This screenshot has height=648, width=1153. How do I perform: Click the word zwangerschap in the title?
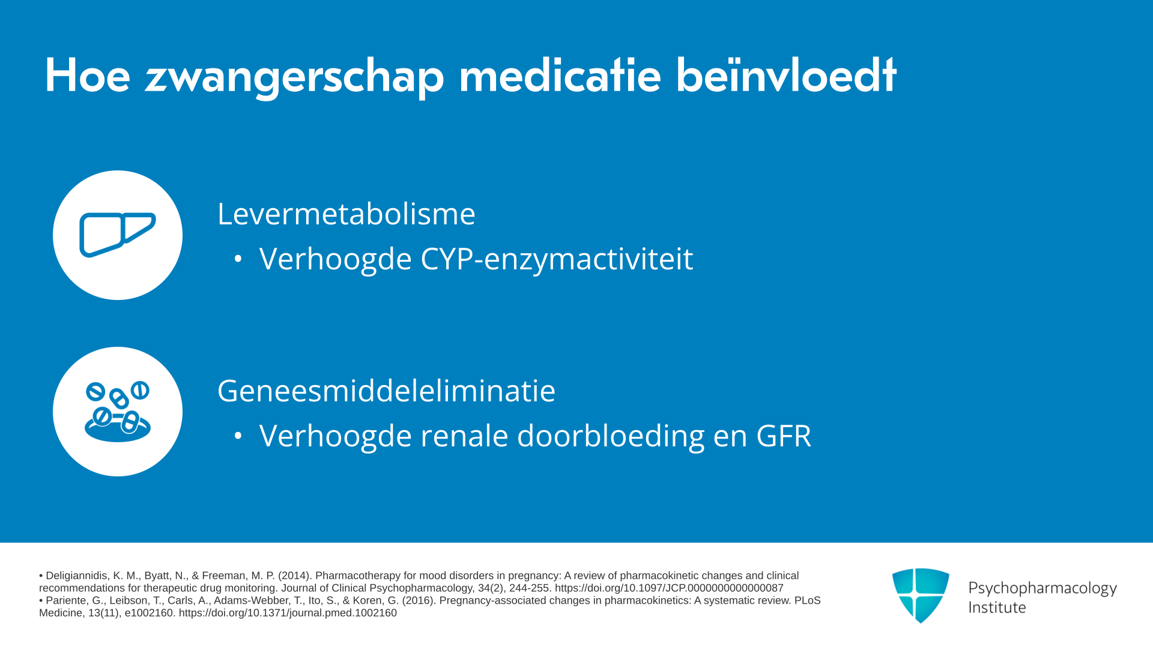point(294,77)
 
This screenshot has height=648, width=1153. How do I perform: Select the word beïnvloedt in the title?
point(786,74)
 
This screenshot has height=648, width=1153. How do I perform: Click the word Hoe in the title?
point(88,76)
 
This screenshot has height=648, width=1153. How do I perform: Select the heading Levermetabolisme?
point(347,214)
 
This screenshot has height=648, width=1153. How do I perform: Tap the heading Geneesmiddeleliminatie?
point(387,391)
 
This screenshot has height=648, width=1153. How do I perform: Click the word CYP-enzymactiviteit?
point(557,260)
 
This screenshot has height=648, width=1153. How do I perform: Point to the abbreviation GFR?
point(784,436)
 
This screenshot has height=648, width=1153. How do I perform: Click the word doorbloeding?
point(611,436)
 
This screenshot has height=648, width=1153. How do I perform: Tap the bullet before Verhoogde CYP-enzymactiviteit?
point(238,259)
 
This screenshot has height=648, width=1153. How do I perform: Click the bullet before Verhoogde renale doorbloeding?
point(238,436)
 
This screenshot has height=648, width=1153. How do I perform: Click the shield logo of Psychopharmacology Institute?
point(921,595)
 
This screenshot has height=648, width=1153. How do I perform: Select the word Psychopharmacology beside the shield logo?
point(1043,589)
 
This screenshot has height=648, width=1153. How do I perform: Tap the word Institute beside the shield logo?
point(997,608)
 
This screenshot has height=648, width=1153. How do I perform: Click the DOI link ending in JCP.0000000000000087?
point(669,589)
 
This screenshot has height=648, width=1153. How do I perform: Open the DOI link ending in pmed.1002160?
point(288,613)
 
